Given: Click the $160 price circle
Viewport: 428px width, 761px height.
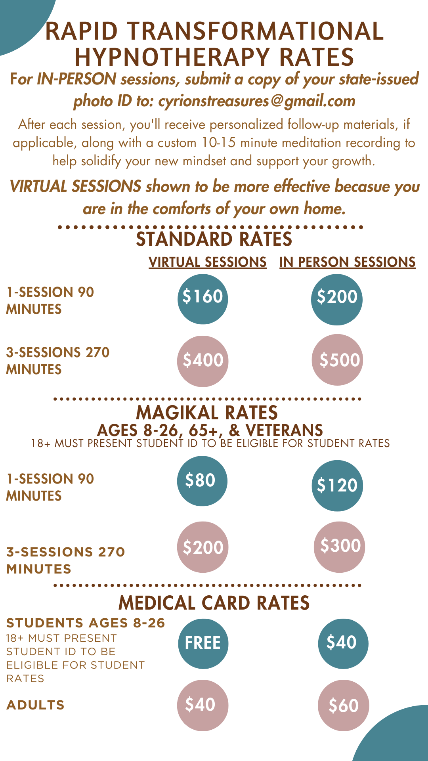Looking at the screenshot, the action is point(203,299).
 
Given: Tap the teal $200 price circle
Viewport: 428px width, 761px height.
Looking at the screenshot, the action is point(337,300).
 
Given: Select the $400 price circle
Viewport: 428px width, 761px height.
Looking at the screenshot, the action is point(203,361).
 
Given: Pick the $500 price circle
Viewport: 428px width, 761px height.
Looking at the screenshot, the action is point(338,360).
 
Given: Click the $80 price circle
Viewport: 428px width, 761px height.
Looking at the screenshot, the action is point(202,481).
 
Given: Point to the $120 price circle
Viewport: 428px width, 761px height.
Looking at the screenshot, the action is point(337,486).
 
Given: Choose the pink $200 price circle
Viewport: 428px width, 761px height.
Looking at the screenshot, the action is point(203,547).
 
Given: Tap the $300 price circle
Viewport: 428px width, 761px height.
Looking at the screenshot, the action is point(339,547).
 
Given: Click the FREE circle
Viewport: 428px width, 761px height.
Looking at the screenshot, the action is point(203,644).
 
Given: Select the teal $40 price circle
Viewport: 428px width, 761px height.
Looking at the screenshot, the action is point(343,644).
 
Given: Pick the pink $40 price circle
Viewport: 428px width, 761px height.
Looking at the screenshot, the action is point(203,706).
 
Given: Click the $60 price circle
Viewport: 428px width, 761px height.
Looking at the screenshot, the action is point(344,706).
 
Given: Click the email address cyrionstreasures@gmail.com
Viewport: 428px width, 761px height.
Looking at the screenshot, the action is point(257,101).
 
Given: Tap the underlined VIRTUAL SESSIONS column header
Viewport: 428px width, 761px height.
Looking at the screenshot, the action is point(208,262).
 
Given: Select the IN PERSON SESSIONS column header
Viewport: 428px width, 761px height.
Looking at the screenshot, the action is point(348,262).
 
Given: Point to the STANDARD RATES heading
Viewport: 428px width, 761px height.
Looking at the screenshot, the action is point(214,239).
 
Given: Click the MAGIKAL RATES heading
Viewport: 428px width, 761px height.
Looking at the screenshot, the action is point(207,413).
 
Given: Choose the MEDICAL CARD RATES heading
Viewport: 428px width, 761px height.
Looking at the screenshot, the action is point(214,603).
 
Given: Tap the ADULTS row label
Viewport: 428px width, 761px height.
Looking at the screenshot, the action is point(35,705).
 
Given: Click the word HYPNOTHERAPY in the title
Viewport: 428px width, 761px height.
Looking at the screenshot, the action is point(173,57).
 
